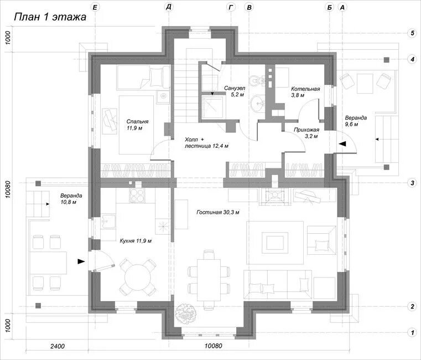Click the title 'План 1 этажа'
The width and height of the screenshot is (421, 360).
tap(50, 17)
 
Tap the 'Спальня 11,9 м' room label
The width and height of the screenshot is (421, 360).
tap(137, 125)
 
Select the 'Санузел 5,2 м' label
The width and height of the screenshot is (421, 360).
tap(235, 91)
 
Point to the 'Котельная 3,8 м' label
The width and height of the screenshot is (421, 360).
tap(305, 92)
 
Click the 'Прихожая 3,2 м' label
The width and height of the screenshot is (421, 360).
tap(306, 133)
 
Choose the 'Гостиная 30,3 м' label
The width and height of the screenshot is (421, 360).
tap(218, 212)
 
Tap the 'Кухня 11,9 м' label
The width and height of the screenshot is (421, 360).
tap(136, 240)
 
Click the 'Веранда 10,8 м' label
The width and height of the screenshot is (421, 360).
tap(71, 199)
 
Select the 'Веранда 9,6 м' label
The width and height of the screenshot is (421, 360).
tap(356, 121)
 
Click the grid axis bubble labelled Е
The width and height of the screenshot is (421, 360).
tap(95, 7)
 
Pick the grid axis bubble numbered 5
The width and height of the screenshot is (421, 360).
tap(412, 33)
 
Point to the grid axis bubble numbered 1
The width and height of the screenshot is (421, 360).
tap(412, 332)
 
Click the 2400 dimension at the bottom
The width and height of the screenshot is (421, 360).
tap(58, 346)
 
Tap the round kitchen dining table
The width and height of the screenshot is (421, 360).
tap(138, 277)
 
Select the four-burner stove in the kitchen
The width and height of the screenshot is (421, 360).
tap(137, 195)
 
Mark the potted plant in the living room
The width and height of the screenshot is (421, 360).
tap(185, 313)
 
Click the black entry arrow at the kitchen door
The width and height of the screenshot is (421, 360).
tap(81, 261)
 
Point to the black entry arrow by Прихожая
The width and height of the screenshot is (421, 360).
tap(342, 144)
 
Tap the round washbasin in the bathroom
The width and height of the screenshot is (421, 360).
tap(258, 102)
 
